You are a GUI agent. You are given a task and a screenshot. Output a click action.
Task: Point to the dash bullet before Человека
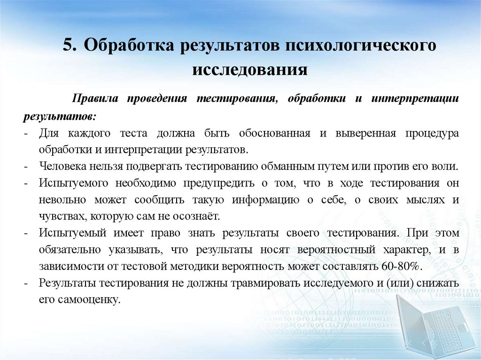click(30, 166)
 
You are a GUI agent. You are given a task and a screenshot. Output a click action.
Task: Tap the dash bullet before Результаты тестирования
click(30, 283)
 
